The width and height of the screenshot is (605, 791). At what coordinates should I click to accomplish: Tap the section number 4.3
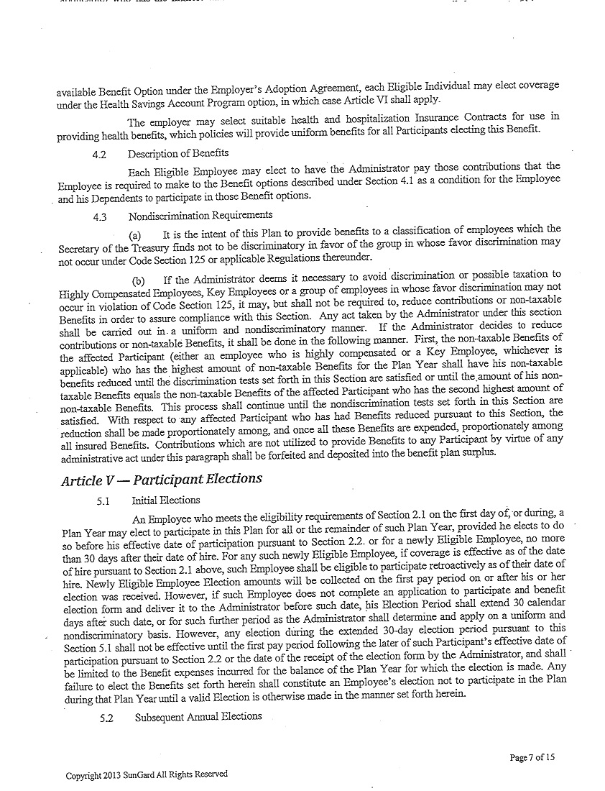point(100,216)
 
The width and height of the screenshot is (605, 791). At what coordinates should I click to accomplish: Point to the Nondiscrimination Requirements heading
point(200,215)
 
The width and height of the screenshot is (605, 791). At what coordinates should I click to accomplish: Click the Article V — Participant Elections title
point(162,479)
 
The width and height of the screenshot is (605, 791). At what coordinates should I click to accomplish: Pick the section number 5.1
point(103,500)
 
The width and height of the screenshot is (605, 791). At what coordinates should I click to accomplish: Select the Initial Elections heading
point(166,500)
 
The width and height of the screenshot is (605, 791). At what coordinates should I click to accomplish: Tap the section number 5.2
point(107,717)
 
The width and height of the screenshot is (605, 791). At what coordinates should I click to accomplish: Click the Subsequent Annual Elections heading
point(198,716)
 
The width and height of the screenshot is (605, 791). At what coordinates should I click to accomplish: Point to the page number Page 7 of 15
point(532,756)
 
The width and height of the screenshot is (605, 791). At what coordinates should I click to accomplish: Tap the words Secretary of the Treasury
point(105,248)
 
